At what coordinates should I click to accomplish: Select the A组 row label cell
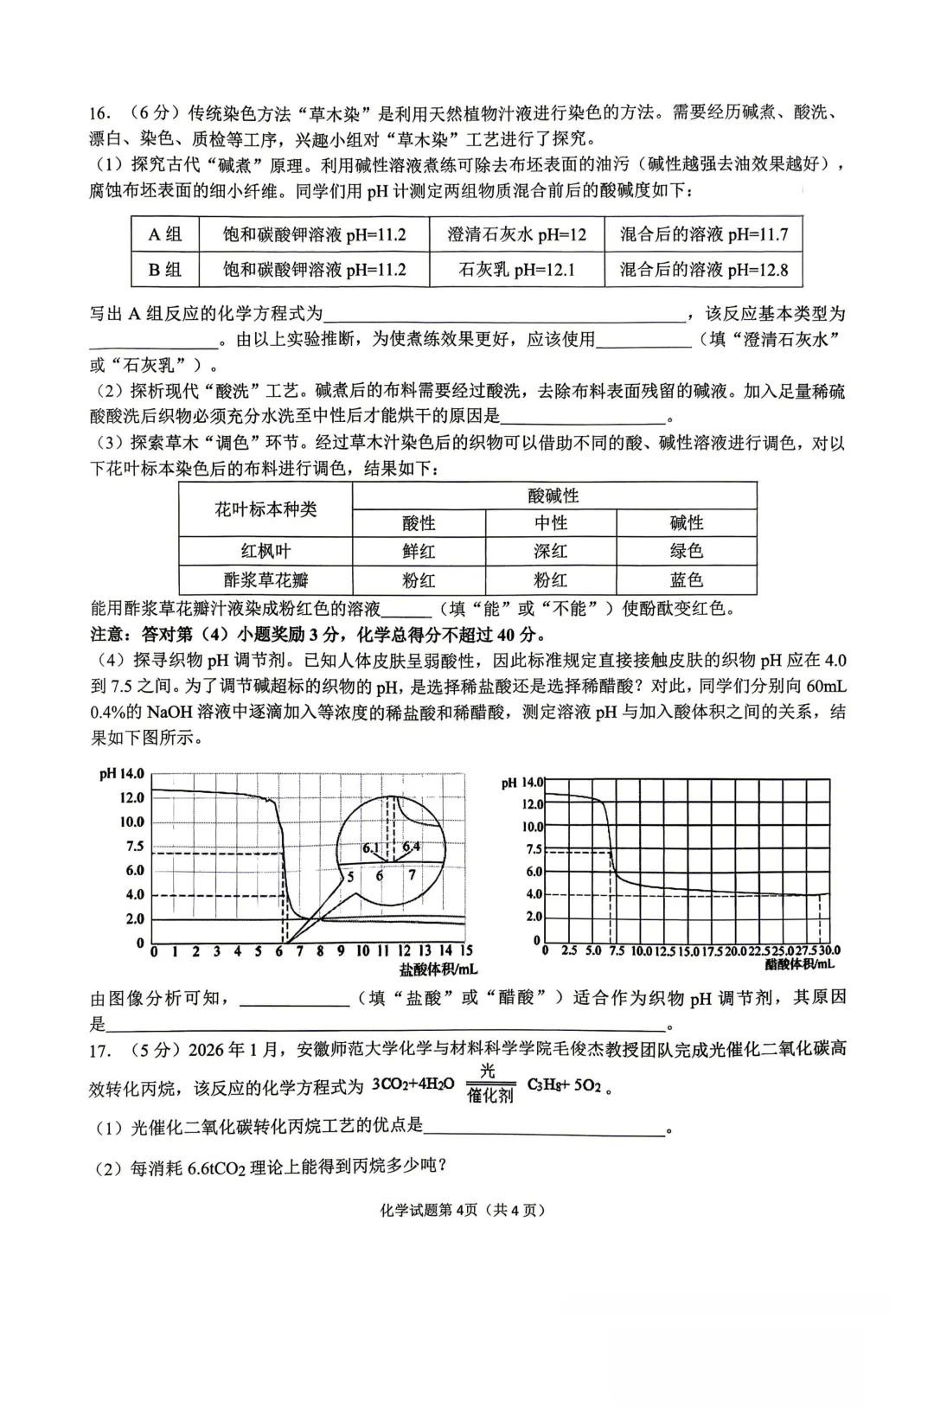(164, 234)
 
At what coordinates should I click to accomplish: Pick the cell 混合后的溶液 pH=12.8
(703, 270)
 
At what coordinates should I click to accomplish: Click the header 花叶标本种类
(265, 509)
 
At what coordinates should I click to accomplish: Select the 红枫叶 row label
(265, 551)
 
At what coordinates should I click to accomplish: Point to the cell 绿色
(687, 551)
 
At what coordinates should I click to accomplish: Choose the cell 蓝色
(687, 579)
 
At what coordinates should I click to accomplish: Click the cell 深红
(551, 551)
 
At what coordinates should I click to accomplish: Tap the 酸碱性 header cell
(553, 496)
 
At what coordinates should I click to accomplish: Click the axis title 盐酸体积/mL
(438, 969)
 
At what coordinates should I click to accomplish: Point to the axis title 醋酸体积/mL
(800, 963)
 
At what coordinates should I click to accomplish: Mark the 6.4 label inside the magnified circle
(411, 847)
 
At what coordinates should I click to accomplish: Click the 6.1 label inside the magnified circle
(371, 848)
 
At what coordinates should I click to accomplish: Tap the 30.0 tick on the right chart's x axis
(829, 951)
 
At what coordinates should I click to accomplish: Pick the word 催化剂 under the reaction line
(490, 1096)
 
